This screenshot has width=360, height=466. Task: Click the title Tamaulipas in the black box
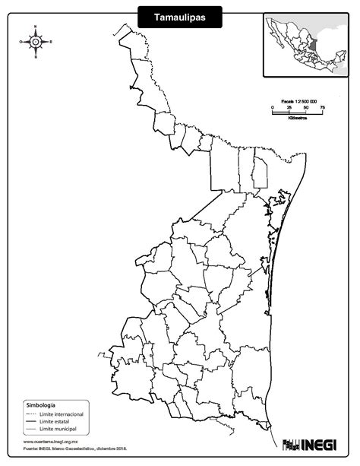pyautogui.click(x=180, y=16)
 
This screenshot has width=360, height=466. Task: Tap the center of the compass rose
pyautogui.click(x=35, y=42)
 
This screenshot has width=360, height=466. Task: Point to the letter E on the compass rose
pyautogui.click(x=51, y=42)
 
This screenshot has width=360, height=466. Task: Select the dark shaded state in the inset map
pyautogui.click(x=311, y=46)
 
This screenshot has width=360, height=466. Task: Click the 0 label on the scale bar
pyautogui.click(x=273, y=107)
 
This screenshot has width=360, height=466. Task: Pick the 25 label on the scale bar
pyautogui.click(x=289, y=107)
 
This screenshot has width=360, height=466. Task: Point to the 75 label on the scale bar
pyautogui.click(x=322, y=107)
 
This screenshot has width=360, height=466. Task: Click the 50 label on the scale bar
pyautogui.click(x=306, y=107)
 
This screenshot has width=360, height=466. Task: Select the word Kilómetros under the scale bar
pyautogui.click(x=298, y=119)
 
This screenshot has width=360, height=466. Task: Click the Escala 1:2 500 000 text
pyautogui.click(x=298, y=101)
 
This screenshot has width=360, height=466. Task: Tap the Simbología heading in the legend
pyautogui.click(x=40, y=406)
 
